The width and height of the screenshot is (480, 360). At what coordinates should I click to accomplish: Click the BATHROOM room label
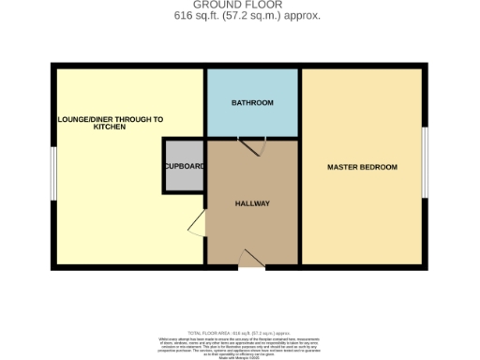pos(252,102)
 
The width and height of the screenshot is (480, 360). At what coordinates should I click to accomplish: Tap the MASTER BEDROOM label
pos(362,167)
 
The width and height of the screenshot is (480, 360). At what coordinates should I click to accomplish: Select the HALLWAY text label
pos(252,203)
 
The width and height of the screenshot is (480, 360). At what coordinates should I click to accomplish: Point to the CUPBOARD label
pos(184,166)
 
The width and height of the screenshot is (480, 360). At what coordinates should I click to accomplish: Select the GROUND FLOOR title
pos(240,6)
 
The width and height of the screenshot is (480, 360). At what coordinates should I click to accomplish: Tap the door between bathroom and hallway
pos(252,146)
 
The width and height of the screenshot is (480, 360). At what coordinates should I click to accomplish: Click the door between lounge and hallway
pos(196,223)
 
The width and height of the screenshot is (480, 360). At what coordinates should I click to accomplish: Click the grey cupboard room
pos(184,178)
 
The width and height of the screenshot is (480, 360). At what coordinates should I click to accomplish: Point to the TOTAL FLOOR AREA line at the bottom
pos(240,333)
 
